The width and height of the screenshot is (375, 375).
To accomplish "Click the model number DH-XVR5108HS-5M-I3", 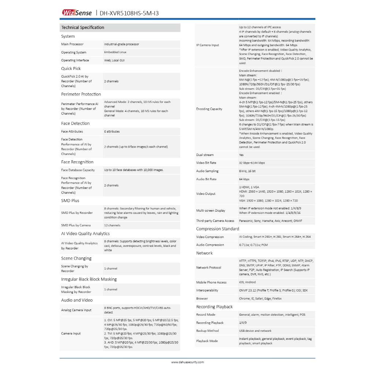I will (129, 13).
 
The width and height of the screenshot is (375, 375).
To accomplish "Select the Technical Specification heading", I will (83, 27).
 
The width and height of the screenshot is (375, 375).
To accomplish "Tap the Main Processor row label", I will (72, 44).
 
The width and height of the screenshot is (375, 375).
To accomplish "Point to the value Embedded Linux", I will (115, 52).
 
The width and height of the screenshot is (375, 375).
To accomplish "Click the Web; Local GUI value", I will (114, 60).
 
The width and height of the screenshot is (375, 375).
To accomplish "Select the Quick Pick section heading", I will (71, 68).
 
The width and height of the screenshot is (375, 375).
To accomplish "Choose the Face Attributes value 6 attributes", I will (112, 131).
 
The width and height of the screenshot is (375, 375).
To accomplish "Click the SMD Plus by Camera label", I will (76, 225).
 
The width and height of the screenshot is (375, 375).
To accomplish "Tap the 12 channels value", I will (112, 225).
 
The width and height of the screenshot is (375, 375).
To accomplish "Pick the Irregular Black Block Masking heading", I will (89, 279).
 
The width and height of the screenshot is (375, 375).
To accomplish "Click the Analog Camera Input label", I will (76, 310).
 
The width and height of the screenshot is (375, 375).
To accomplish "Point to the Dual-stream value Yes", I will (241, 155).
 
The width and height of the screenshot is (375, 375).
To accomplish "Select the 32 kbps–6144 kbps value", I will (252, 163).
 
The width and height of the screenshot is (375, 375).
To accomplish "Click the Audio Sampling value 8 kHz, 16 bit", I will (247, 171).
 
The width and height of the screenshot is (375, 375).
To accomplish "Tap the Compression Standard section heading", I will (218, 229).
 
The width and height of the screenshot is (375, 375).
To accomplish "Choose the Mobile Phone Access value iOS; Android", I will (248, 282).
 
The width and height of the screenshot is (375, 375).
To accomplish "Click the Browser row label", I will (202, 298).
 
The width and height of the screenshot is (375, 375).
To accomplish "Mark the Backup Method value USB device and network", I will (255, 331).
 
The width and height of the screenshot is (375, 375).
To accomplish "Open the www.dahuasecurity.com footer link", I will (187, 362).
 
